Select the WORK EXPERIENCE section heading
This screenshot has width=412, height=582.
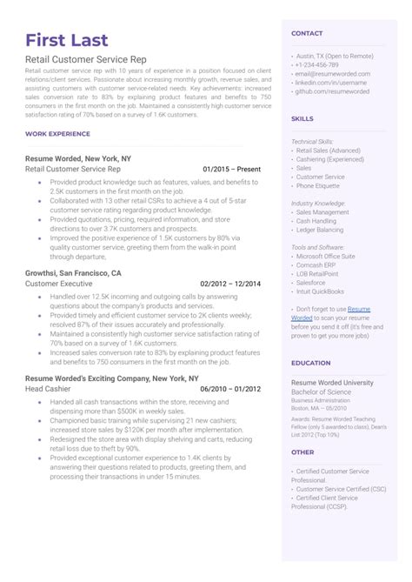pyautogui.click(x=58, y=134)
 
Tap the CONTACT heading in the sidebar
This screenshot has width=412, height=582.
pyautogui.click(x=307, y=33)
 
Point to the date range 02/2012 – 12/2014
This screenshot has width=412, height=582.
pyautogui.click(x=230, y=284)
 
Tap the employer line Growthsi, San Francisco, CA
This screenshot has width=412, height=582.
pyautogui.click(x=74, y=272)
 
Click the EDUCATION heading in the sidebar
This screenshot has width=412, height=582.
pyautogui.click(x=310, y=363)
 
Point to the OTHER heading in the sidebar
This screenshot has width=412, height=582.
pyautogui.click(x=302, y=452)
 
